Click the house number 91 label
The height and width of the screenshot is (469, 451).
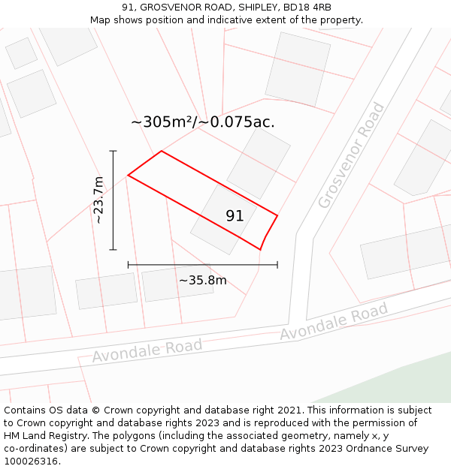point(235,216)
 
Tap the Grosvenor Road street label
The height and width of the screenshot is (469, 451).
point(351,155)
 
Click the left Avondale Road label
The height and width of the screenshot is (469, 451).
point(147,350)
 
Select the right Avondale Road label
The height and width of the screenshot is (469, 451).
point(334,321)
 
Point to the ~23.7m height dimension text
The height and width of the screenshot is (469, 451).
point(98,200)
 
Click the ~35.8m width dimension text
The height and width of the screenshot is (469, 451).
point(202,281)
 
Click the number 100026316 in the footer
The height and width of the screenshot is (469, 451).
point(31,461)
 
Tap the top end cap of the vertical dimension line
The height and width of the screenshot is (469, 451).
point(113,152)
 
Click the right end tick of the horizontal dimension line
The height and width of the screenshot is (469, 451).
point(277,264)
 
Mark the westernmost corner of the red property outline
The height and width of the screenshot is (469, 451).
point(129,176)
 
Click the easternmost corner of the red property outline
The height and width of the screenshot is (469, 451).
point(277,216)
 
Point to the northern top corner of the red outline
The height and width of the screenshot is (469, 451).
point(162,152)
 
